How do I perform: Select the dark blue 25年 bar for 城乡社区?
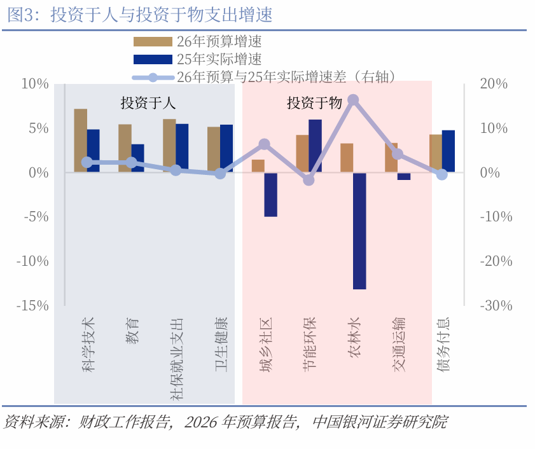(x=270, y=195)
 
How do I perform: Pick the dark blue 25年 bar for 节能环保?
(x=315, y=146)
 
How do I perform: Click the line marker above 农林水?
(x=353, y=100)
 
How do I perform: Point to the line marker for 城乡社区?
(x=265, y=144)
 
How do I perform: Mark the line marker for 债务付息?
(x=442, y=174)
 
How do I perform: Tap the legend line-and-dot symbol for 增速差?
(x=152, y=78)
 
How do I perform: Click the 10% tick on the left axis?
(x=35, y=84)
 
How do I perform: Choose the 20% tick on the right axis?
(x=494, y=84)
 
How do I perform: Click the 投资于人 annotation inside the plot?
(x=148, y=103)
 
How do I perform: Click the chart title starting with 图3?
(x=140, y=15)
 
